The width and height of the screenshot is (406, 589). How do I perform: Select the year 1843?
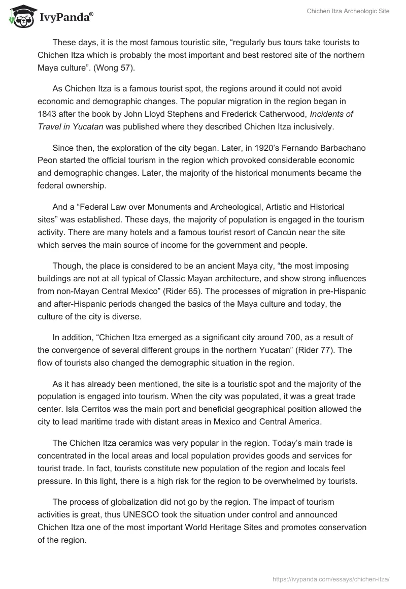point(48,114)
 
